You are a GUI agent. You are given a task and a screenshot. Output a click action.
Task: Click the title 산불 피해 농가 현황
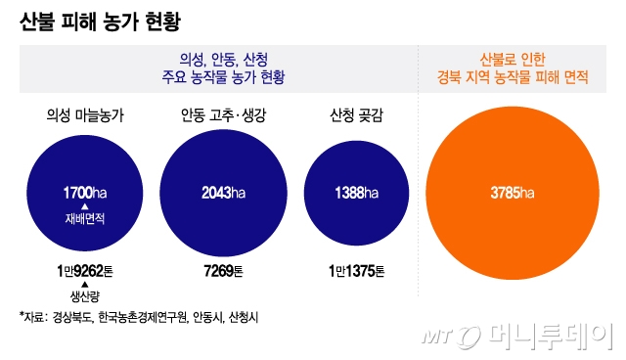pyautogui.click(x=99, y=22)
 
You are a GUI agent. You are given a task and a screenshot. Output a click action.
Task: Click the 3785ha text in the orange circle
pyautogui.click(x=513, y=192)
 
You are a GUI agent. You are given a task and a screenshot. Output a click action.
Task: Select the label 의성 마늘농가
pyautogui.click(x=85, y=116)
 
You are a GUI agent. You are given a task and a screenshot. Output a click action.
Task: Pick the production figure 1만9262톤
pyautogui.click(x=85, y=270)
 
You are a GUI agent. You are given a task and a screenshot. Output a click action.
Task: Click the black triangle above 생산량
pyautogui.click(x=85, y=284)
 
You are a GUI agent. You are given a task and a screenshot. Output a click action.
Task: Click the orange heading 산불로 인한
pyautogui.click(x=513, y=58)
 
